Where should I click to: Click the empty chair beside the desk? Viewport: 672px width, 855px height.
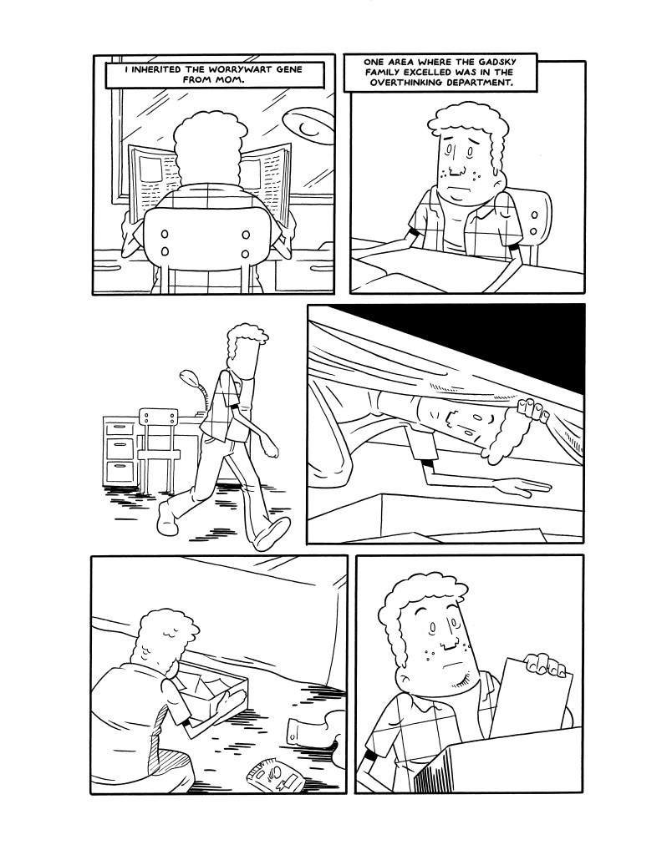[x=159, y=448]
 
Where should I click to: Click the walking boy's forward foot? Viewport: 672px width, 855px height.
[x=271, y=533]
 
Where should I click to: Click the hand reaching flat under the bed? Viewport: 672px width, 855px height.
[x=522, y=486]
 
